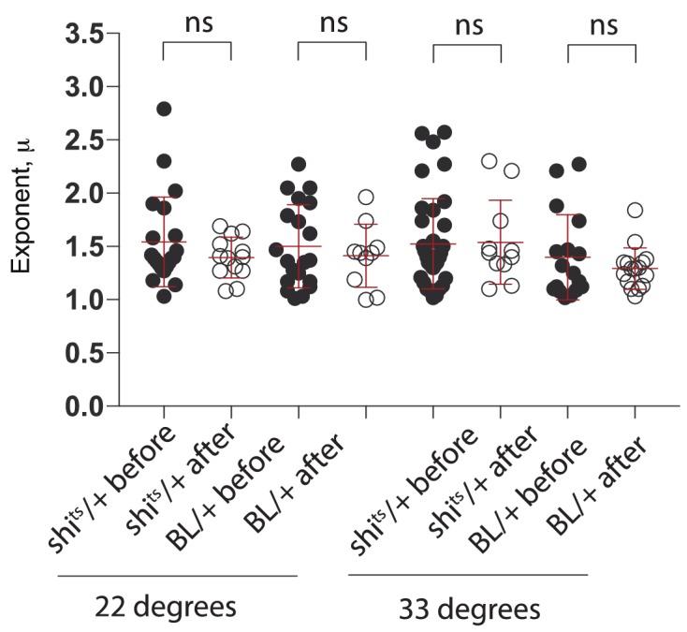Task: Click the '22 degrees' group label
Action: [165, 609]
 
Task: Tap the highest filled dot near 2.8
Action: [164, 109]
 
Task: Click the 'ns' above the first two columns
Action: [197, 23]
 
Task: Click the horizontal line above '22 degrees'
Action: [178, 575]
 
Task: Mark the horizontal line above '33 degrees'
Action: [468, 575]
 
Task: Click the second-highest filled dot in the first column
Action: [164, 161]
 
